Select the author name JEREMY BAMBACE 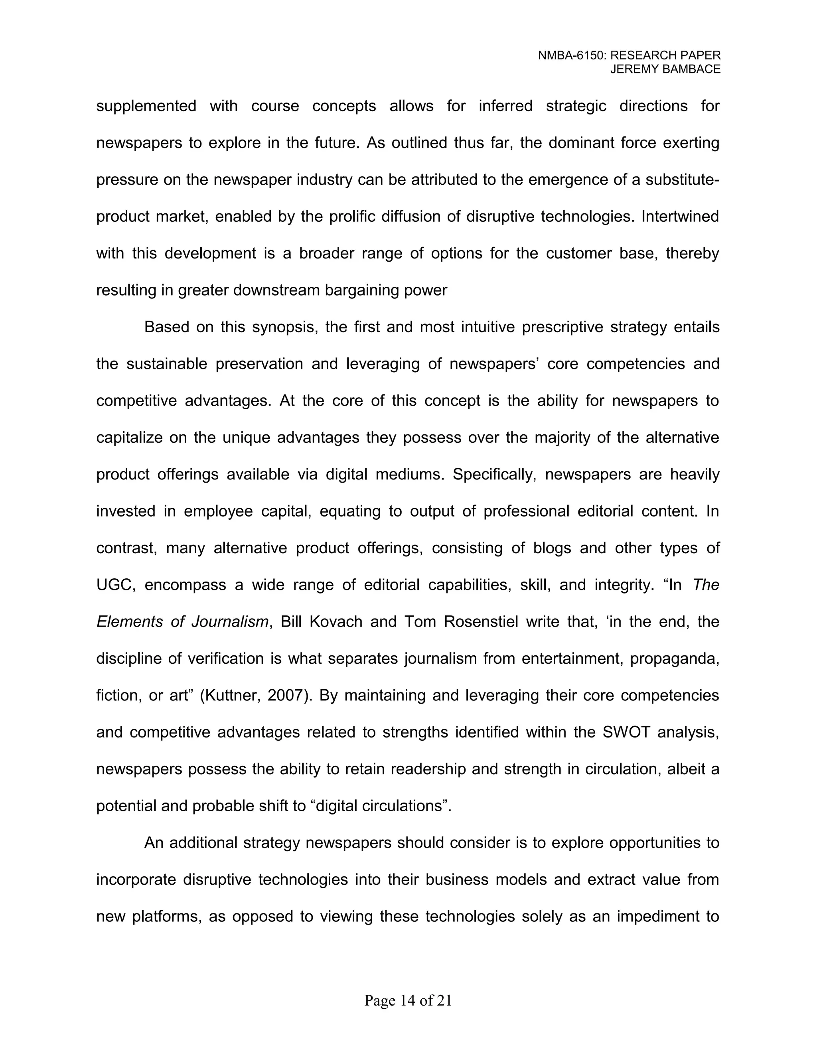pyautogui.click(x=665, y=70)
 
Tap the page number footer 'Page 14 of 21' pyautogui.click(x=408, y=1000)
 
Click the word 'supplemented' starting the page pyautogui.click(x=146, y=106)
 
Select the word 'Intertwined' pyautogui.click(x=680, y=216)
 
